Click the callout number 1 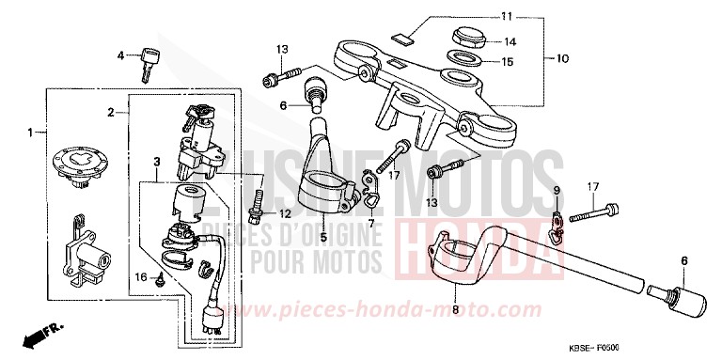(30, 133)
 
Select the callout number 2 (111, 113)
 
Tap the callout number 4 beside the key (120, 55)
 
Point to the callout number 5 (322, 238)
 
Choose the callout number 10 (562, 58)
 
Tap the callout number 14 (510, 41)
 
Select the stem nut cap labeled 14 (467, 39)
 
